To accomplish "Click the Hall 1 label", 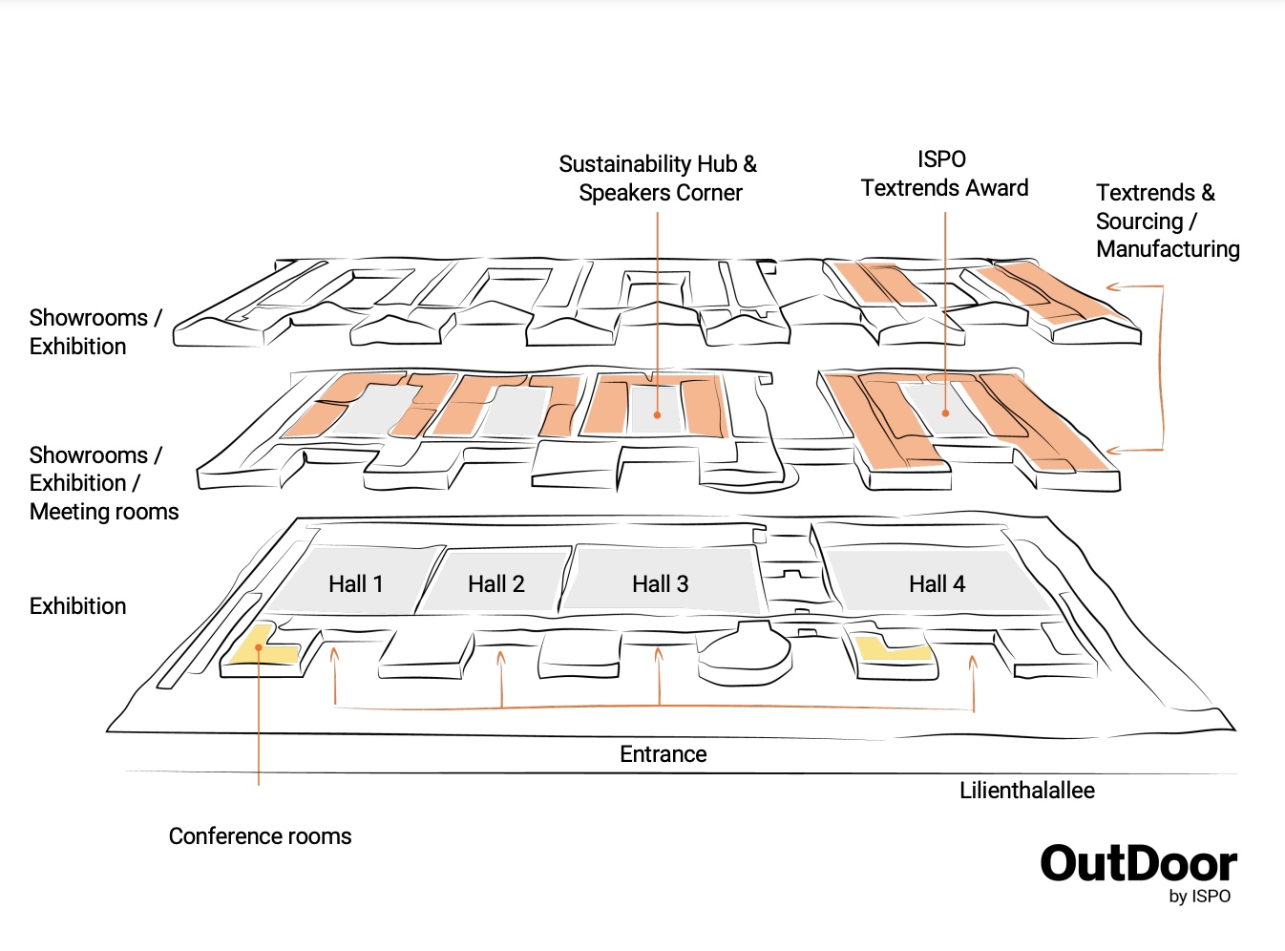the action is [x=356, y=584].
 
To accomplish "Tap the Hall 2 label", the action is [x=496, y=584].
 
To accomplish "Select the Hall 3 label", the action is [x=661, y=584].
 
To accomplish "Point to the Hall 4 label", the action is [x=937, y=584].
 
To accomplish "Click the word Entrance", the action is [x=664, y=754].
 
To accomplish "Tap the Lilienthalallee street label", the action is [x=1027, y=791].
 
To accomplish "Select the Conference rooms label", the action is [x=260, y=836].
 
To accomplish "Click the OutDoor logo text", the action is [x=1138, y=863].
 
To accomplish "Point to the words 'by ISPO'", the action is [x=1200, y=897].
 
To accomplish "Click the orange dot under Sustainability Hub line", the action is [x=657, y=415].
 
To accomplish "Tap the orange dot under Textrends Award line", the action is [x=945, y=413].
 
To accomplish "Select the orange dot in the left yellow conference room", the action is [x=259, y=647].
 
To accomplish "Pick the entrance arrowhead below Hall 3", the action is [x=659, y=654].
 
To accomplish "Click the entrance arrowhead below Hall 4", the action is [x=974, y=662].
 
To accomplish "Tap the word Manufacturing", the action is [x=1168, y=249].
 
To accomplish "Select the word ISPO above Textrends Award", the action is [x=942, y=159].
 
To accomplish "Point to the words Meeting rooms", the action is [x=104, y=512].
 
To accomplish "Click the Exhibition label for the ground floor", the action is [x=77, y=606].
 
